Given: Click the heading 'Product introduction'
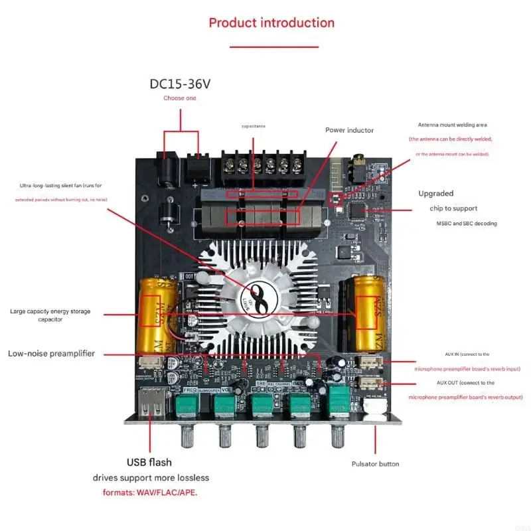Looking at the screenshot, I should coord(271,23).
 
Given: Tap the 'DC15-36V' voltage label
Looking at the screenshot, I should coord(180,84).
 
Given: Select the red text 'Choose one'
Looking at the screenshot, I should coord(180,98).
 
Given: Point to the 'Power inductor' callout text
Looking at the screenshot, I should coord(349,130).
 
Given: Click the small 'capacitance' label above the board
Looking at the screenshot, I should coord(254,125).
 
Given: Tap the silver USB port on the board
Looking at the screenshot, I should coord(151,404).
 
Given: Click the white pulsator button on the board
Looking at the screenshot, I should coord(379,407).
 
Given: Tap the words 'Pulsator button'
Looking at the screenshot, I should coord(375,463).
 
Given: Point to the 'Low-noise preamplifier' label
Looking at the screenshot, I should coord(51,354).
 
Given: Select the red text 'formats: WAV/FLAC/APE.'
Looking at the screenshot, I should coord(150,493).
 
